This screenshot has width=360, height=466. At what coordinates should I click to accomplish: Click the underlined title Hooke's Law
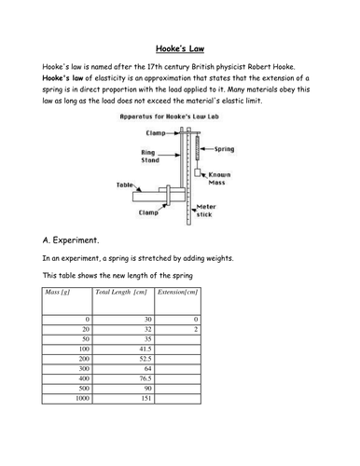pyautogui.click(x=179, y=48)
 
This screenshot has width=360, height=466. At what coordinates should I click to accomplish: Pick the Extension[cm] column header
pyautogui.click(x=177, y=294)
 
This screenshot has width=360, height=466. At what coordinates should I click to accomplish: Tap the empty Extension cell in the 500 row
pyautogui.click(x=177, y=388)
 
